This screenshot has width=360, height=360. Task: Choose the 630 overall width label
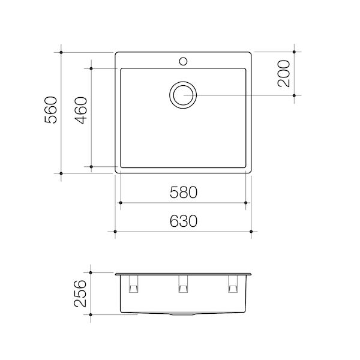(183, 221)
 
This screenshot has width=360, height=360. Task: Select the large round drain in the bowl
(183, 95)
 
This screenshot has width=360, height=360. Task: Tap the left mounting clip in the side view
(133, 286)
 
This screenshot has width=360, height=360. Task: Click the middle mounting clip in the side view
(184, 286)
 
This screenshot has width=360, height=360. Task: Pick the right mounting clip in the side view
(233, 286)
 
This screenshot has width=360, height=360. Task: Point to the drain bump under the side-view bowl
(184, 315)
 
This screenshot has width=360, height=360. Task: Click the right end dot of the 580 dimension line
(246, 203)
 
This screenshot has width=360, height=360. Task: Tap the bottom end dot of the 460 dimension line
(91, 166)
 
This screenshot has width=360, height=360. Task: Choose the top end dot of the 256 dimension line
(91, 271)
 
